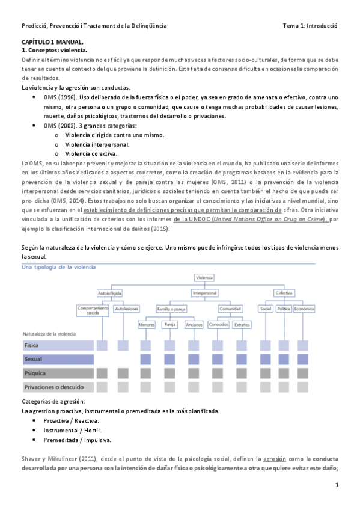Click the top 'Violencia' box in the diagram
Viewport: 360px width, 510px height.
[204, 278]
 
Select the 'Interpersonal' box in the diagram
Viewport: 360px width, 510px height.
[204, 293]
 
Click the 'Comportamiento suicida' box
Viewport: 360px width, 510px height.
[93, 310]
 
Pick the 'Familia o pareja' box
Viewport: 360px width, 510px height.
[171, 309]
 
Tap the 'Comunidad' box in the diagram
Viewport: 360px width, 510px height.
[230, 309]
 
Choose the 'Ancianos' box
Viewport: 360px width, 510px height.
[194, 325]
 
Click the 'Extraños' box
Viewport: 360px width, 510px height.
[242, 325]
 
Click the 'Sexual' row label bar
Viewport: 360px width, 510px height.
[58, 359]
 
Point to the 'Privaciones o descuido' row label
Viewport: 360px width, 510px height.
[58, 387]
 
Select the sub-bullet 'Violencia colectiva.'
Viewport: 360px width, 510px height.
[91, 154]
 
